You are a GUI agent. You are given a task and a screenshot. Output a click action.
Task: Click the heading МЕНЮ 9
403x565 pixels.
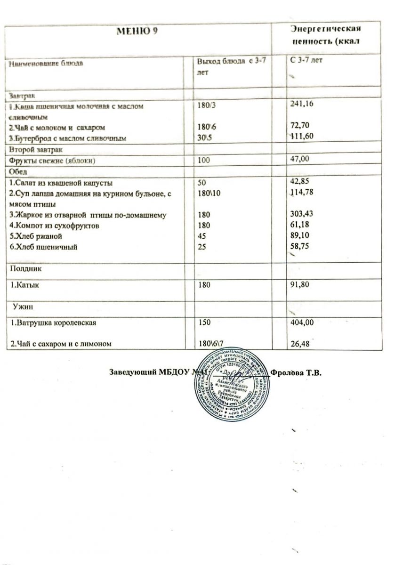point(137,32)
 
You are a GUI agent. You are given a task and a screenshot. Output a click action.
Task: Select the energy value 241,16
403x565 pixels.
point(303,106)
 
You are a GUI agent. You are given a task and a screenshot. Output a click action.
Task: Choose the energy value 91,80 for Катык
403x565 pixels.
point(301,284)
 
